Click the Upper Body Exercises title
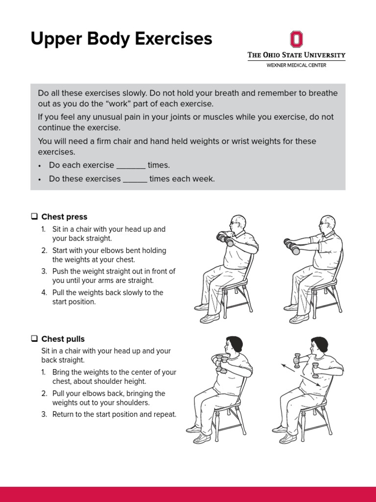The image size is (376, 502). point(121,39)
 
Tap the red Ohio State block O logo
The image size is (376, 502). point(296,39)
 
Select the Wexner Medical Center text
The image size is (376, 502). point(296,65)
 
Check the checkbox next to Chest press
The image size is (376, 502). point(34,217)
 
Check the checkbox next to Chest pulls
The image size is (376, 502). point(34,339)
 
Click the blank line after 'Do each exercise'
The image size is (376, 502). point(131,166)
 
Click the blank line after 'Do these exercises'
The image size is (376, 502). point(135,179)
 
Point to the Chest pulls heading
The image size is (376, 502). point(63,339)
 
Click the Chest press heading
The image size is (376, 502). point(64,217)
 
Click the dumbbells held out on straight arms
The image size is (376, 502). point(293,246)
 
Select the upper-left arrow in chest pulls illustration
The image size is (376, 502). point(286,367)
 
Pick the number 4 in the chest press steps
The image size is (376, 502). point(44,293)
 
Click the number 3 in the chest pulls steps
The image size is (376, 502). point(44,414)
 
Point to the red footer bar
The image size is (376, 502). point(188,494)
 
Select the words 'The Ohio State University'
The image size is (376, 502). point(296,55)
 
